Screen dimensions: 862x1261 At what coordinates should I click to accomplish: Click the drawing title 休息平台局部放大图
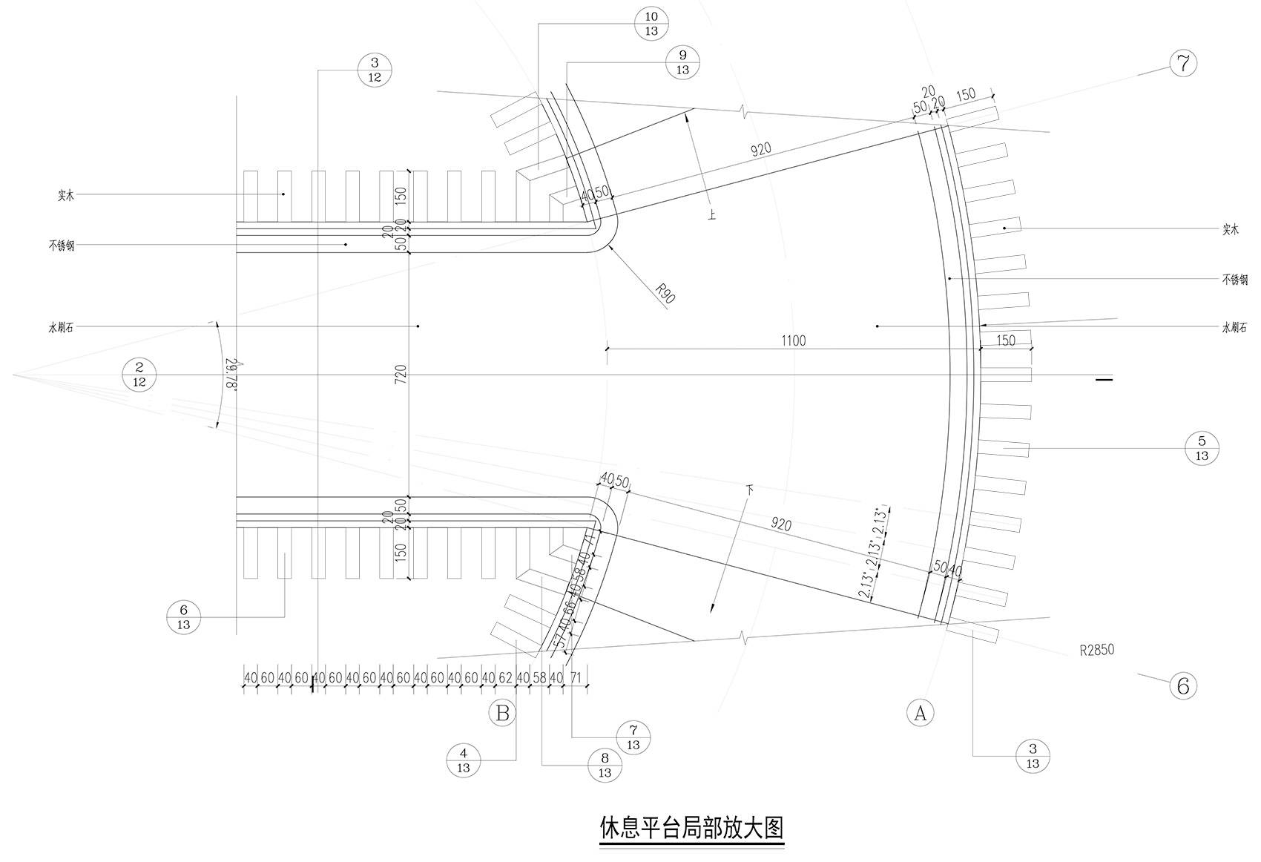[x=691, y=826]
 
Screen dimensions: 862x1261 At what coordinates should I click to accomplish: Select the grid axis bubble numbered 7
[x=1183, y=63]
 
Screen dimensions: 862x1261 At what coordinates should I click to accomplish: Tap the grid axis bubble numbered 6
[x=1183, y=685]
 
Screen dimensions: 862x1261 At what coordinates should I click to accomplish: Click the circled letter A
[x=921, y=712]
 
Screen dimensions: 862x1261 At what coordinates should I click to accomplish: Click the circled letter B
[x=502, y=713]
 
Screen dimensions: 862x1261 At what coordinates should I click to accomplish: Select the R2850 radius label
[x=1096, y=651]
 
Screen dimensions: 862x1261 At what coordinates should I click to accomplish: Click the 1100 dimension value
[x=793, y=341]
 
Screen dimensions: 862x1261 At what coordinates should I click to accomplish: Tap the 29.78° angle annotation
[x=233, y=375]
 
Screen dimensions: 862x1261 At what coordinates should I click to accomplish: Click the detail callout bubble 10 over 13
[x=652, y=24]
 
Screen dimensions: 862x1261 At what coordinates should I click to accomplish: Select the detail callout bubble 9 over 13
[x=682, y=62]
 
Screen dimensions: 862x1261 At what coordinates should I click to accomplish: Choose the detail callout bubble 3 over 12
[x=375, y=70]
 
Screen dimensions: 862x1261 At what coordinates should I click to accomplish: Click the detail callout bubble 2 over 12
[x=139, y=374]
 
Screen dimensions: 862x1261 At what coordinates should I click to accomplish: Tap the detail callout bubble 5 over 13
[x=1202, y=449]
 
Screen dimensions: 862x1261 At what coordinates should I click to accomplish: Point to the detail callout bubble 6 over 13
[x=183, y=617]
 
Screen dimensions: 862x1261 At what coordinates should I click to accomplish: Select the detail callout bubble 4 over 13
[x=464, y=760]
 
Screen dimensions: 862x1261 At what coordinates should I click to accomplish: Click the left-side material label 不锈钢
[x=62, y=246]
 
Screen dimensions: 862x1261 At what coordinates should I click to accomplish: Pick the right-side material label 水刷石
[x=1235, y=327]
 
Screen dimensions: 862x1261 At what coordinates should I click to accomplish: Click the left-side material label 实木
[x=66, y=196]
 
